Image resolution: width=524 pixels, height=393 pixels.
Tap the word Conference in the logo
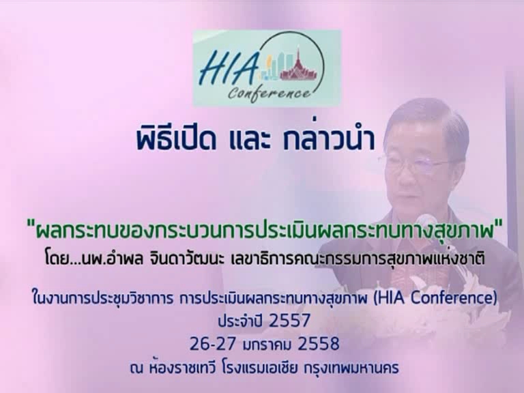pyautogui.click(x=270, y=92)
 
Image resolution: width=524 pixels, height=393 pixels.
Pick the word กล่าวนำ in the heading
pyautogui.click(x=328, y=139)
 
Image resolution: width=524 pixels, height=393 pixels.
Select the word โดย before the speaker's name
pyautogui.click(x=56, y=259)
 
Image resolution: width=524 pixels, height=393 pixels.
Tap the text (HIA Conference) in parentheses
pyautogui.click(x=435, y=298)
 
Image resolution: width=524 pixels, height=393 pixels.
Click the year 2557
pyautogui.click(x=290, y=321)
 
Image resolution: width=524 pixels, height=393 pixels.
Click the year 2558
pyautogui.click(x=319, y=344)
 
